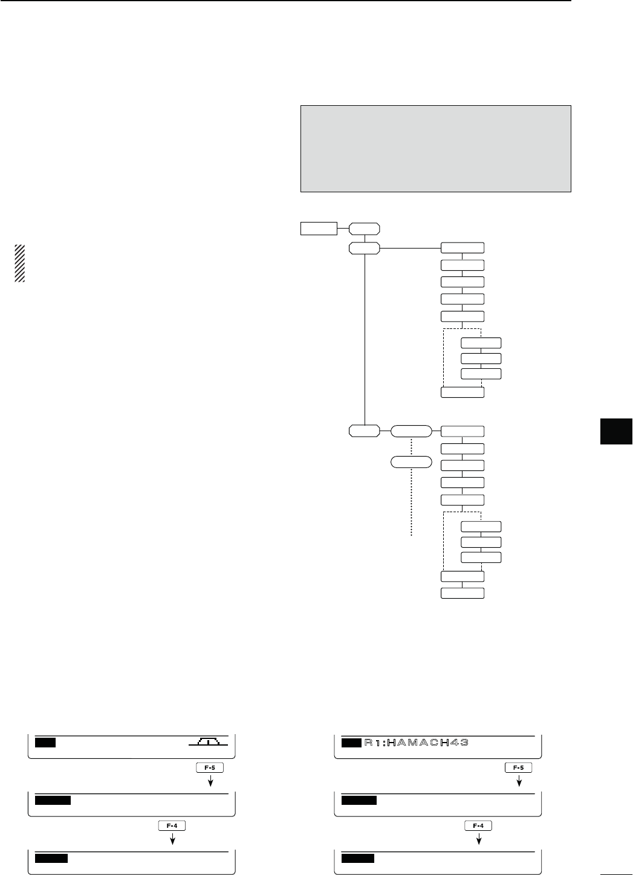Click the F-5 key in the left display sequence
pyautogui.click(x=210, y=767)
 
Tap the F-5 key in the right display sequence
pyautogui.click(x=518, y=767)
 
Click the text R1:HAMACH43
pyautogui.click(x=417, y=743)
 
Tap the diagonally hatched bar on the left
pyautogui.click(x=20, y=264)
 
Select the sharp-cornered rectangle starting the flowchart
pyautogui.click(x=319, y=228)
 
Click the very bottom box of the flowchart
pyautogui.click(x=463, y=593)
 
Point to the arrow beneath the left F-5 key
pyautogui.click(x=210, y=781)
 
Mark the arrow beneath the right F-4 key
pyautogui.click(x=478, y=838)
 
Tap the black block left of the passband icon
pyautogui.click(x=45, y=742)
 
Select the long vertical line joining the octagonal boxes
pyautogui.click(x=365, y=339)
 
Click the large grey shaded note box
pyautogui.click(x=435, y=149)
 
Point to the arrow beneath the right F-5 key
pyautogui.click(x=518, y=781)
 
